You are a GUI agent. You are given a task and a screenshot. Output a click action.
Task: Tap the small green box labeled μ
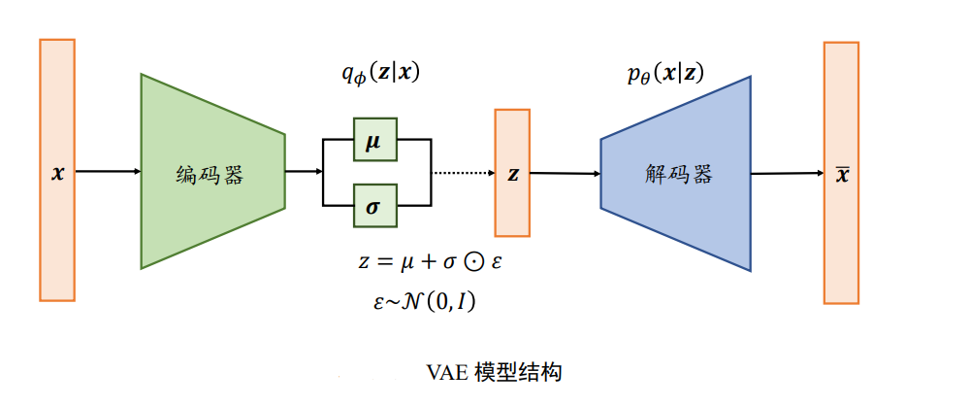pyautogui.click(x=373, y=141)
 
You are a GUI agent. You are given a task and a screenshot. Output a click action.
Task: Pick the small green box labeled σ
pyautogui.click(x=373, y=205)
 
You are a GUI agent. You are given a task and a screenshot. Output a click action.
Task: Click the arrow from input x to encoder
pyautogui.click(x=107, y=173)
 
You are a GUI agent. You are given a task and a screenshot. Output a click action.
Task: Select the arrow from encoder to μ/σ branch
pyautogui.click(x=303, y=173)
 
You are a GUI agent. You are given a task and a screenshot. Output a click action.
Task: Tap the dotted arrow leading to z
pyautogui.click(x=462, y=174)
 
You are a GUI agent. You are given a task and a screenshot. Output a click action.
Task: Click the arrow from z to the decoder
pyautogui.click(x=565, y=174)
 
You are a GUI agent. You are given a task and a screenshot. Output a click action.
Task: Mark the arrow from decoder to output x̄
pyautogui.click(x=786, y=174)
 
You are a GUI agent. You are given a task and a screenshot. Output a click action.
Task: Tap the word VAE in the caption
pyautogui.click(x=447, y=372)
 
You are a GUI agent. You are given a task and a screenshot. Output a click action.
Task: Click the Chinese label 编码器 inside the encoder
pyautogui.click(x=209, y=175)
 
